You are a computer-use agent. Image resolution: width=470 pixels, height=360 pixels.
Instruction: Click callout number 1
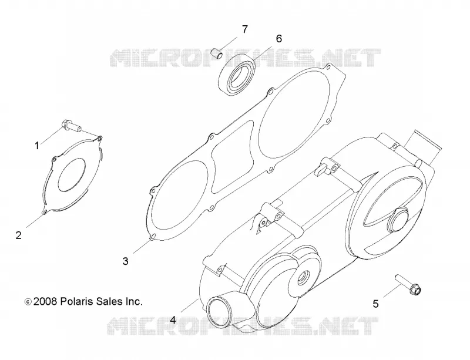point(37,146)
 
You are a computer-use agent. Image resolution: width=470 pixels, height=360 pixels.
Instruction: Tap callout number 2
point(19,235)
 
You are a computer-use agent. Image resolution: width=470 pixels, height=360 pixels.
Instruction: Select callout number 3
point(125,261)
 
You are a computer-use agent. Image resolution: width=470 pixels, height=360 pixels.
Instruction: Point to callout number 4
point(173,320)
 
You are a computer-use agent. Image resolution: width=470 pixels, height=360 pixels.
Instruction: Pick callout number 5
point(375,304)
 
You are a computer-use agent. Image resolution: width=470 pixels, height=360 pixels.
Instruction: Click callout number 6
point(278,39)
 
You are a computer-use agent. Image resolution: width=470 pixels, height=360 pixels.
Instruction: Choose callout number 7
point(245,29)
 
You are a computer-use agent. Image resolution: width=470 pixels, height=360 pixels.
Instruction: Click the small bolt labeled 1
point(71,125)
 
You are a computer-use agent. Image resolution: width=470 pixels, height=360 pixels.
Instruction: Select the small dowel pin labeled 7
point(217,53)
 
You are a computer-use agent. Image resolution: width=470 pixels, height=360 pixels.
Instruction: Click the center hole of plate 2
point(71,174)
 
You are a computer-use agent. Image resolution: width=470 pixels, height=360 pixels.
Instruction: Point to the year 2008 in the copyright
point(45,301)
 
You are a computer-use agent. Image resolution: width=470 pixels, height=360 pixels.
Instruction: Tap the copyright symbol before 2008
point(28,302)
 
